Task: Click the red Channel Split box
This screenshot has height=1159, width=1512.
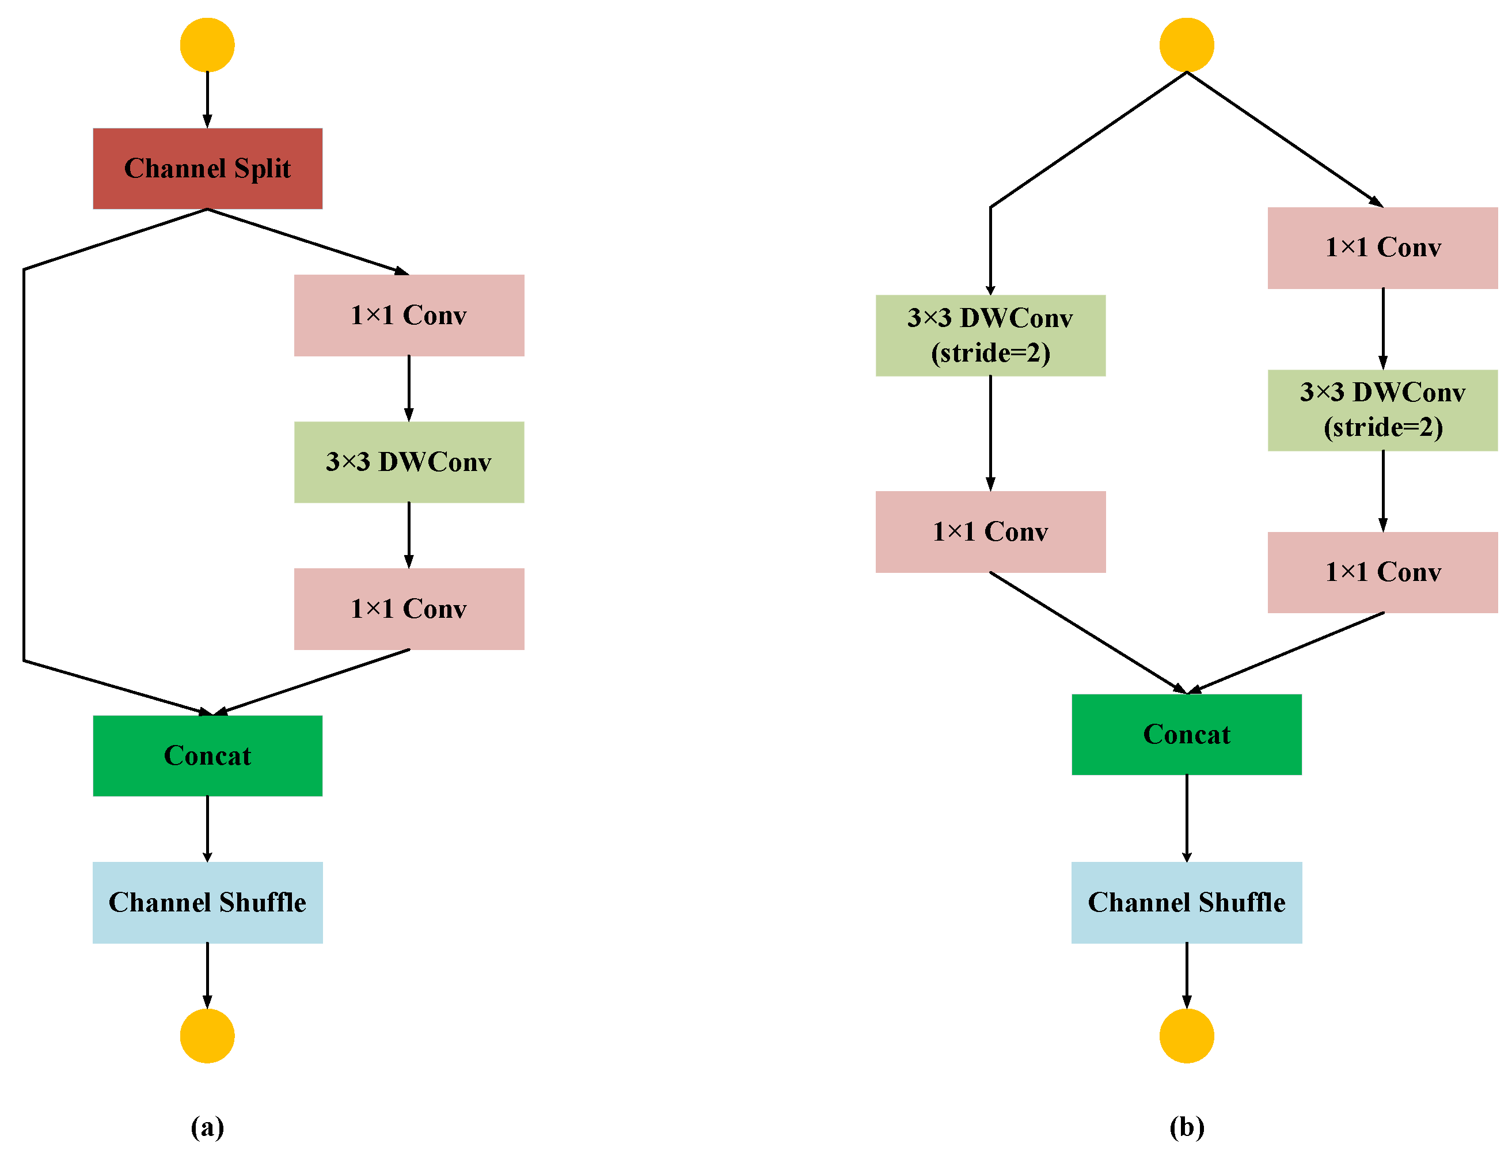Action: [207, 168]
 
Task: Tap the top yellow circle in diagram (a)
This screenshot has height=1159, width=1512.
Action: [207, 45]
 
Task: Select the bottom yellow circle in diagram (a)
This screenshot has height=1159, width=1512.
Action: [207, 1036]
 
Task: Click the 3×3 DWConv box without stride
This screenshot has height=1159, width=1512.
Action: [408, 462]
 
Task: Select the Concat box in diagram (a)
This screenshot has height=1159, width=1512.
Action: [207, 755]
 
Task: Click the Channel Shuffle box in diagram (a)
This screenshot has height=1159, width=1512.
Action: [207, 902]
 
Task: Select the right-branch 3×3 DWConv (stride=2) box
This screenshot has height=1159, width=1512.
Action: [1382, 410]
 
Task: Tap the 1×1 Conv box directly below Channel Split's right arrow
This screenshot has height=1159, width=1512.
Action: [408, 316]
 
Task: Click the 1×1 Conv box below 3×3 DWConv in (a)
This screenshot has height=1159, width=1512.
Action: [408, 609]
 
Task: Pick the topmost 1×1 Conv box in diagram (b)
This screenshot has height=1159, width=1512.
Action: [1382, 248]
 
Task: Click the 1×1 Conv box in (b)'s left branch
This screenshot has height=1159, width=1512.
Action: [990, 531]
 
